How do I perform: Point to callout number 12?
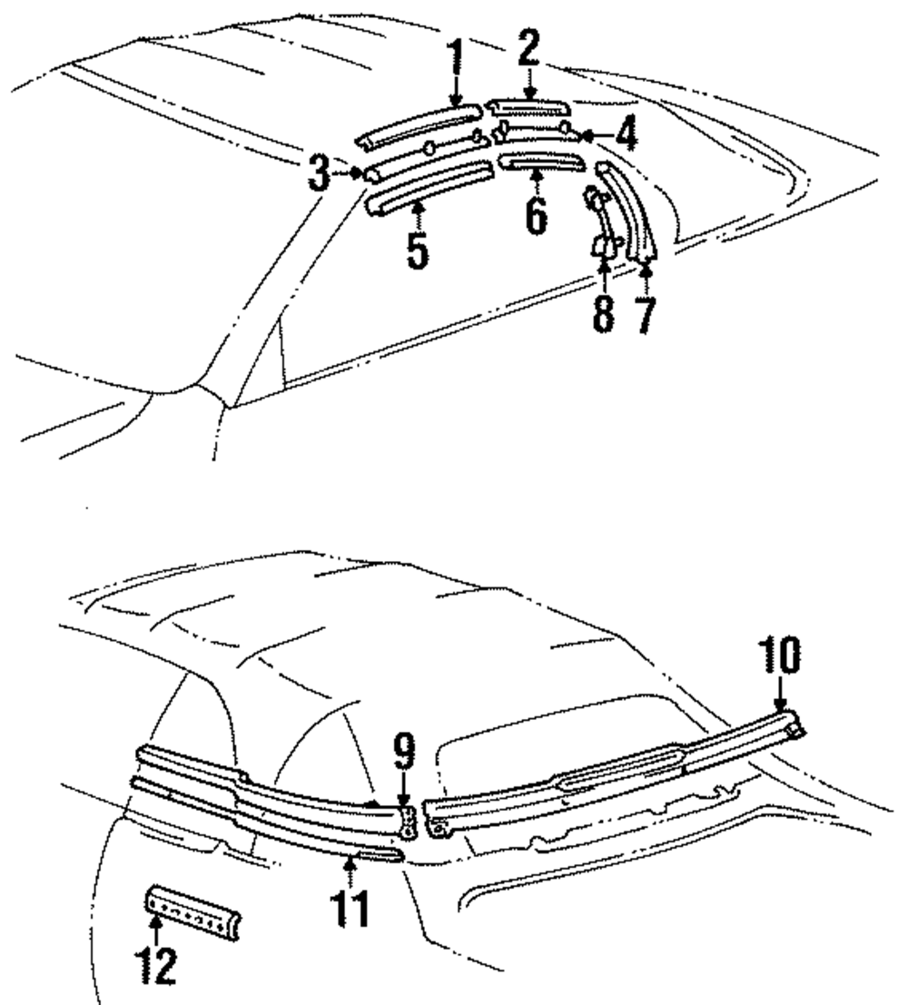[x=156, y=965]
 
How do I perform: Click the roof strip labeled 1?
[x=418, y=123]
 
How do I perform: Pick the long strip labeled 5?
[x=422, y=186]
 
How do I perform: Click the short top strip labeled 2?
[x=528, y=106]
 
